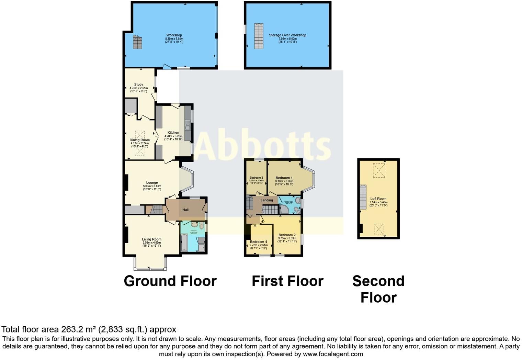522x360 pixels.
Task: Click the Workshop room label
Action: (174, 35)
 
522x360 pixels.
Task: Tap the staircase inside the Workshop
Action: (137, 42)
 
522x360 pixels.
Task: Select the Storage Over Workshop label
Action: (287, 35)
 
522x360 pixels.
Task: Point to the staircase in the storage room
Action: (259, 36)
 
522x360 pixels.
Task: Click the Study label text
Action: (139, 85)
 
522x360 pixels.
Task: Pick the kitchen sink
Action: (188, 125)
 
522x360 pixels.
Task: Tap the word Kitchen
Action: (173, 133)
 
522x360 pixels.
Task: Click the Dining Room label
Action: (139, 140)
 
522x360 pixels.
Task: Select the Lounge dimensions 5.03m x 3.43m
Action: (152, 186)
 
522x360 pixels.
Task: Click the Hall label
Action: (185, 210)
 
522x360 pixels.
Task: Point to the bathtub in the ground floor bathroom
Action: (184, 243)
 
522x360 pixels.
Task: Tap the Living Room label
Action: (152, 239)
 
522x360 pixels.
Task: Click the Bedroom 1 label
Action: (284, 178)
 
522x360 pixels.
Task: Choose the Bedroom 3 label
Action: (256, 178)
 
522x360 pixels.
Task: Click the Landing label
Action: (267, 200)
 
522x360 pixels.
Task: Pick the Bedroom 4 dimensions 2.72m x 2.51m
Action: (259, 245)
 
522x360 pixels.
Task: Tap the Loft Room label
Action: (378, 199)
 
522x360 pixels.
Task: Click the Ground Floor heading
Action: (170, 281)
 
